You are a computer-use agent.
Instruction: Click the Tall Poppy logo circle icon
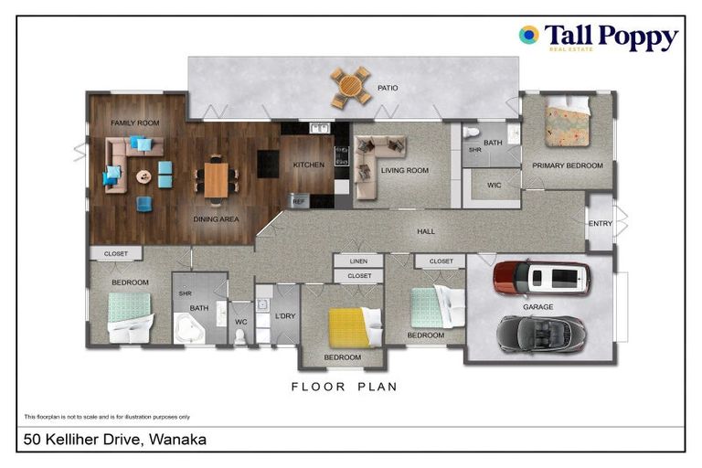coord(528,36)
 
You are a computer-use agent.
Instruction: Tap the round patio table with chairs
coord(351,87)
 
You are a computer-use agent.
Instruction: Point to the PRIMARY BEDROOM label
coord(568,165)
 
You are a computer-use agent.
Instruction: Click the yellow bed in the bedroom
coord(348,325)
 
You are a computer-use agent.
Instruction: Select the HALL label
coord(425,232)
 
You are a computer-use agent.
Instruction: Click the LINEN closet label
coord(358,261)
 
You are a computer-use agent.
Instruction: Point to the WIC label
coord(494,185)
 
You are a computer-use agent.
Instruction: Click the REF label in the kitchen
coord(298,199)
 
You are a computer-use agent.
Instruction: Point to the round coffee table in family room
coord(144,175)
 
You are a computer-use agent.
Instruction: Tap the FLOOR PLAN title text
coord(344,387)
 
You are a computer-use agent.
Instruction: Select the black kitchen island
coord(268,164)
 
